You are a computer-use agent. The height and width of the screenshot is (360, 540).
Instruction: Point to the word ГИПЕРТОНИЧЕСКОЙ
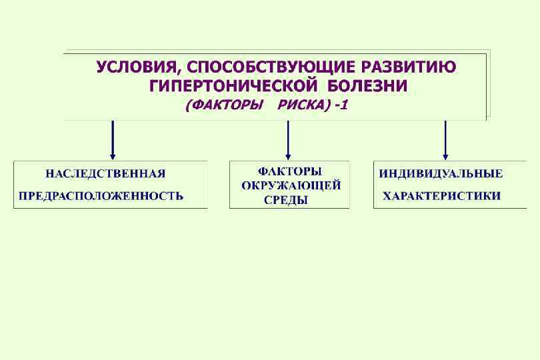tap(233, 87)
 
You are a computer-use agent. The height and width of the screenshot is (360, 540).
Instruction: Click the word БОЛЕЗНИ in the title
tap(367, 87)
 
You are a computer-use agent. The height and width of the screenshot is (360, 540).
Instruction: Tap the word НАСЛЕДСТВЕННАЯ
tap(105, 174)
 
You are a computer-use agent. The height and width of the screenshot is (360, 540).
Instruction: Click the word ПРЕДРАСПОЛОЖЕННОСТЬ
tap(101, 196)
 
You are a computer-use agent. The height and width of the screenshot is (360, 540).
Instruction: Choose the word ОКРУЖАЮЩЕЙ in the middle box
tap(291, 185)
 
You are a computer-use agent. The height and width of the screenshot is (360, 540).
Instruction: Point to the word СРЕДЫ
tap(286, 199)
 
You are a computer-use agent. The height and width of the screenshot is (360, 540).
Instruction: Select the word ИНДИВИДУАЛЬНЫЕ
tap(441, 174)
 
